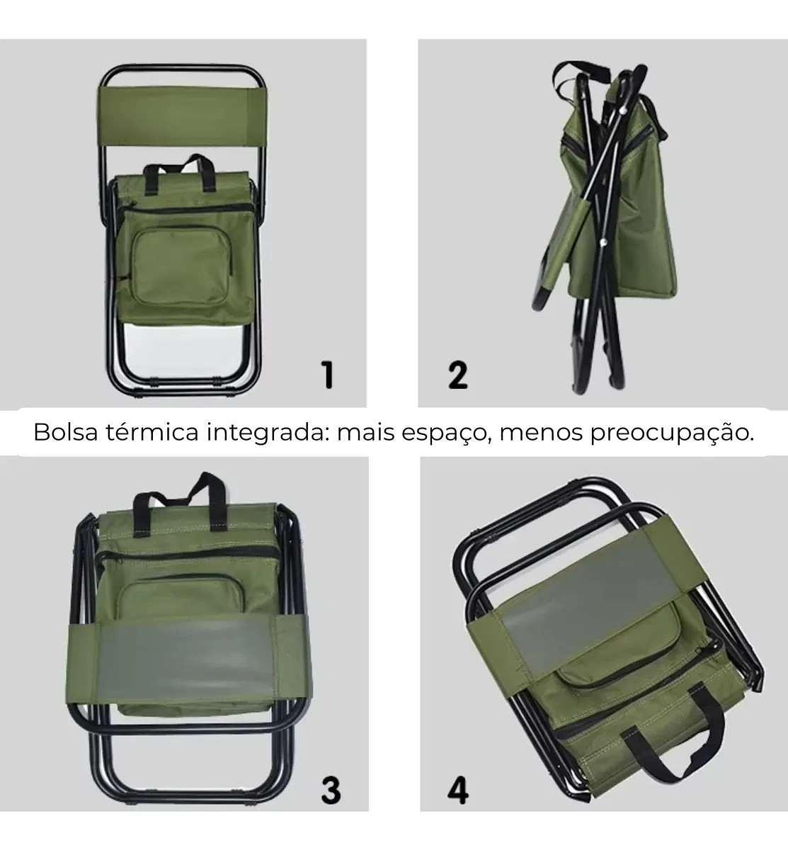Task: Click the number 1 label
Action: click(x=328, y=375)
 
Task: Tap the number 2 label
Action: click(x=458, y=375)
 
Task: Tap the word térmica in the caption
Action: click(x=152, y=432)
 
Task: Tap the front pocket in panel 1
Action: click(x=182, y=266)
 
